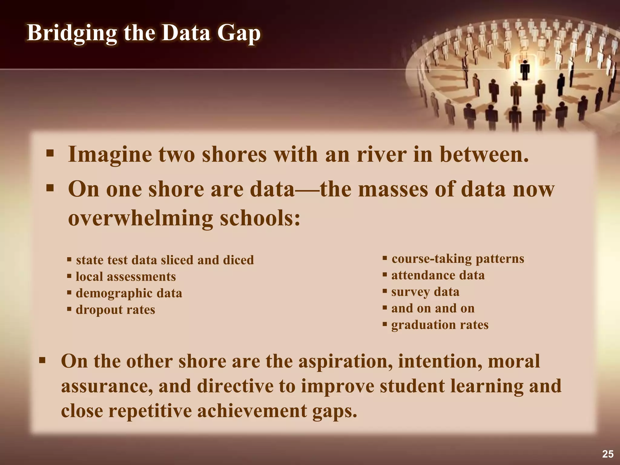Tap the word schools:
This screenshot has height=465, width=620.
(x=260, y=218)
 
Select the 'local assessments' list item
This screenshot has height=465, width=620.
(x=126, y=277)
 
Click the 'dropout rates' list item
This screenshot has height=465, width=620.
(x=115, y=310)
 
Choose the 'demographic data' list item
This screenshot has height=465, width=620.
(x=129, y=293)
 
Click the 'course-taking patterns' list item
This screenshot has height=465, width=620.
(x=458, y=259)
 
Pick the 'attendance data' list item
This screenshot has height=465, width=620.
(x=438, y=275)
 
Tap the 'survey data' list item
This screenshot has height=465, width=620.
(x=425, y=292)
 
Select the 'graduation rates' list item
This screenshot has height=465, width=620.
(x=440, y=325)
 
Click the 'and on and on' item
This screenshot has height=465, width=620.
(x=433, y=308)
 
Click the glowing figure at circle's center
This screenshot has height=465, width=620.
(x=525, y=70)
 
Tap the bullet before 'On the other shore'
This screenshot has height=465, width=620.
(x=42, y=361)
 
